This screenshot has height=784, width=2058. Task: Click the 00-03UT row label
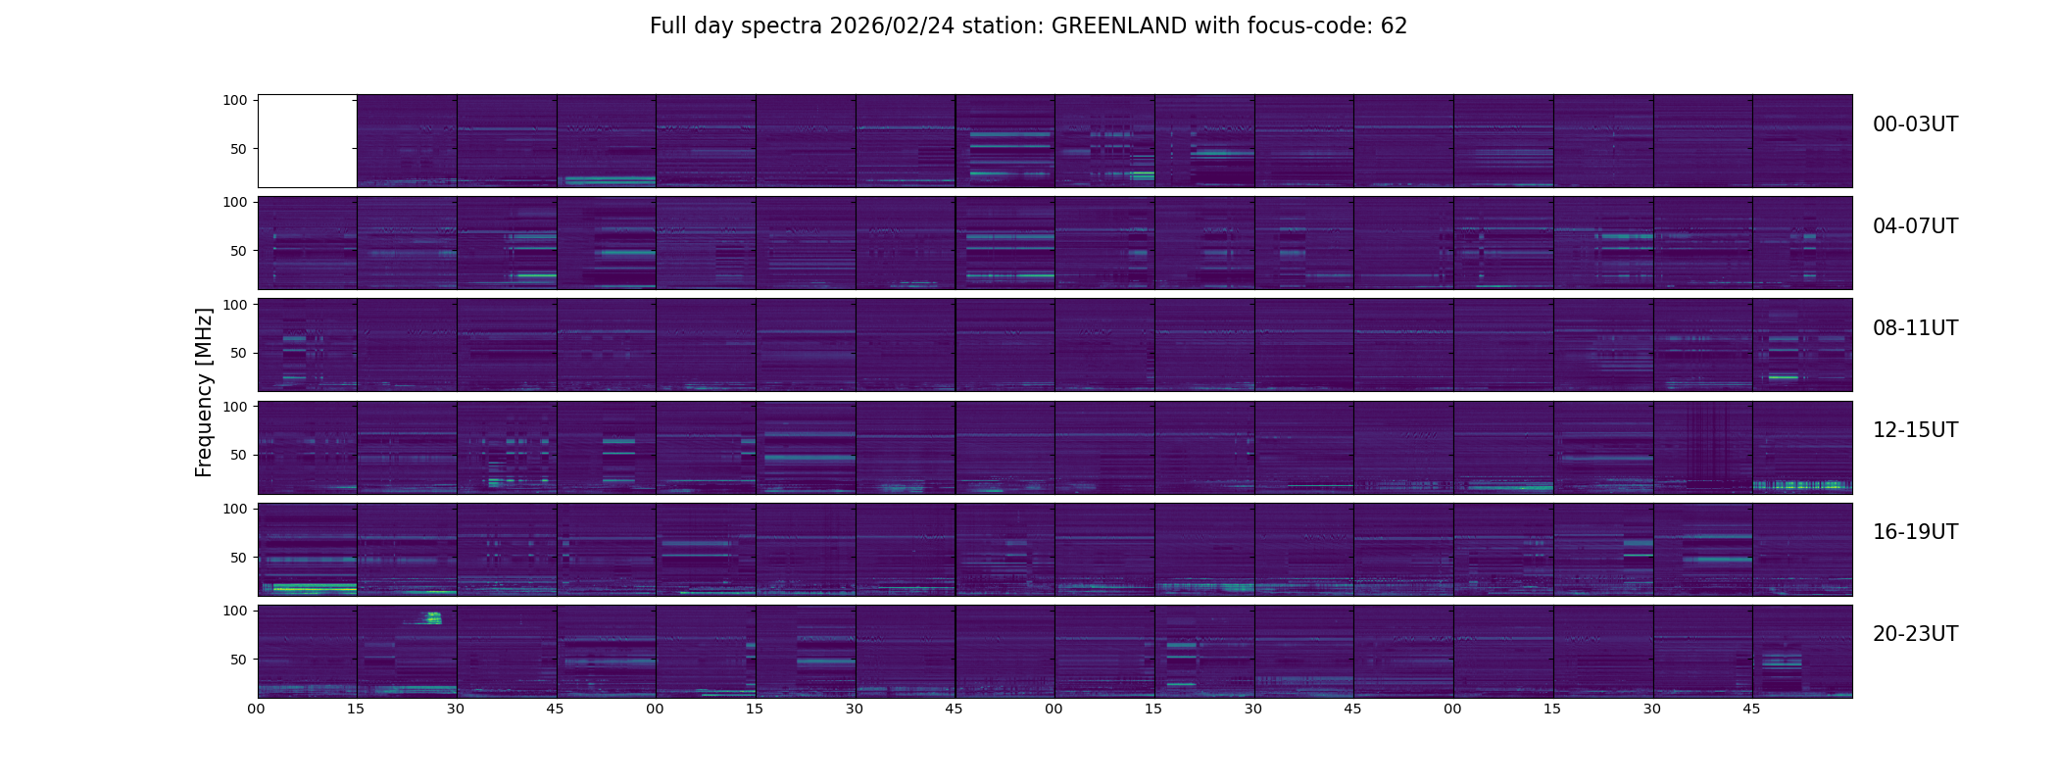[x=1915, y=124]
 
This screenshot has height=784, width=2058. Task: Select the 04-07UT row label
[x=1915, y=226]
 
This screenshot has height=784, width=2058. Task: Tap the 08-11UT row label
[x=1915, y=328]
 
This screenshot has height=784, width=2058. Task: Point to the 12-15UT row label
[x=1915, y=430]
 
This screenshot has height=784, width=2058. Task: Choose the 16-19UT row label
[x=1915, y=532]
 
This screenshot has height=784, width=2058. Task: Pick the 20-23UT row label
[x=1915, y=634]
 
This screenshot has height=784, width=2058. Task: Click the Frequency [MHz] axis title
[x=204, y=392]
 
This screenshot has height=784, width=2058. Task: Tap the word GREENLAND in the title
[x=1119, y=26]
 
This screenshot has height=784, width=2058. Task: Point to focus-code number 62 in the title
[x=1394, y=26]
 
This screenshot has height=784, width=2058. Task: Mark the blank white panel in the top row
[x=307, y=140]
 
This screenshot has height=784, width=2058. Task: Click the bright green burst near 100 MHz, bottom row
[x=432, y=617]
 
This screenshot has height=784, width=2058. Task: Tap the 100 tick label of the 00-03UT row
[x=234, y=100]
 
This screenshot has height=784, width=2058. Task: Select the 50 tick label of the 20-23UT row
[x=238, y=660]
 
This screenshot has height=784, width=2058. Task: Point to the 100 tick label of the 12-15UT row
[x=234, y=406]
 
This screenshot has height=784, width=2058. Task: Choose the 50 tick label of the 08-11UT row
[x=238, y=353]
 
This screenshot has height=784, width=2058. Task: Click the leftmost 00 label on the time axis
[x=256, y=709]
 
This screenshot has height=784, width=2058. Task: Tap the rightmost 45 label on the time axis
[x=1751, y=709]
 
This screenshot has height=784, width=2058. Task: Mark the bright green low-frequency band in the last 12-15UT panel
[x=1801, y=485]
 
